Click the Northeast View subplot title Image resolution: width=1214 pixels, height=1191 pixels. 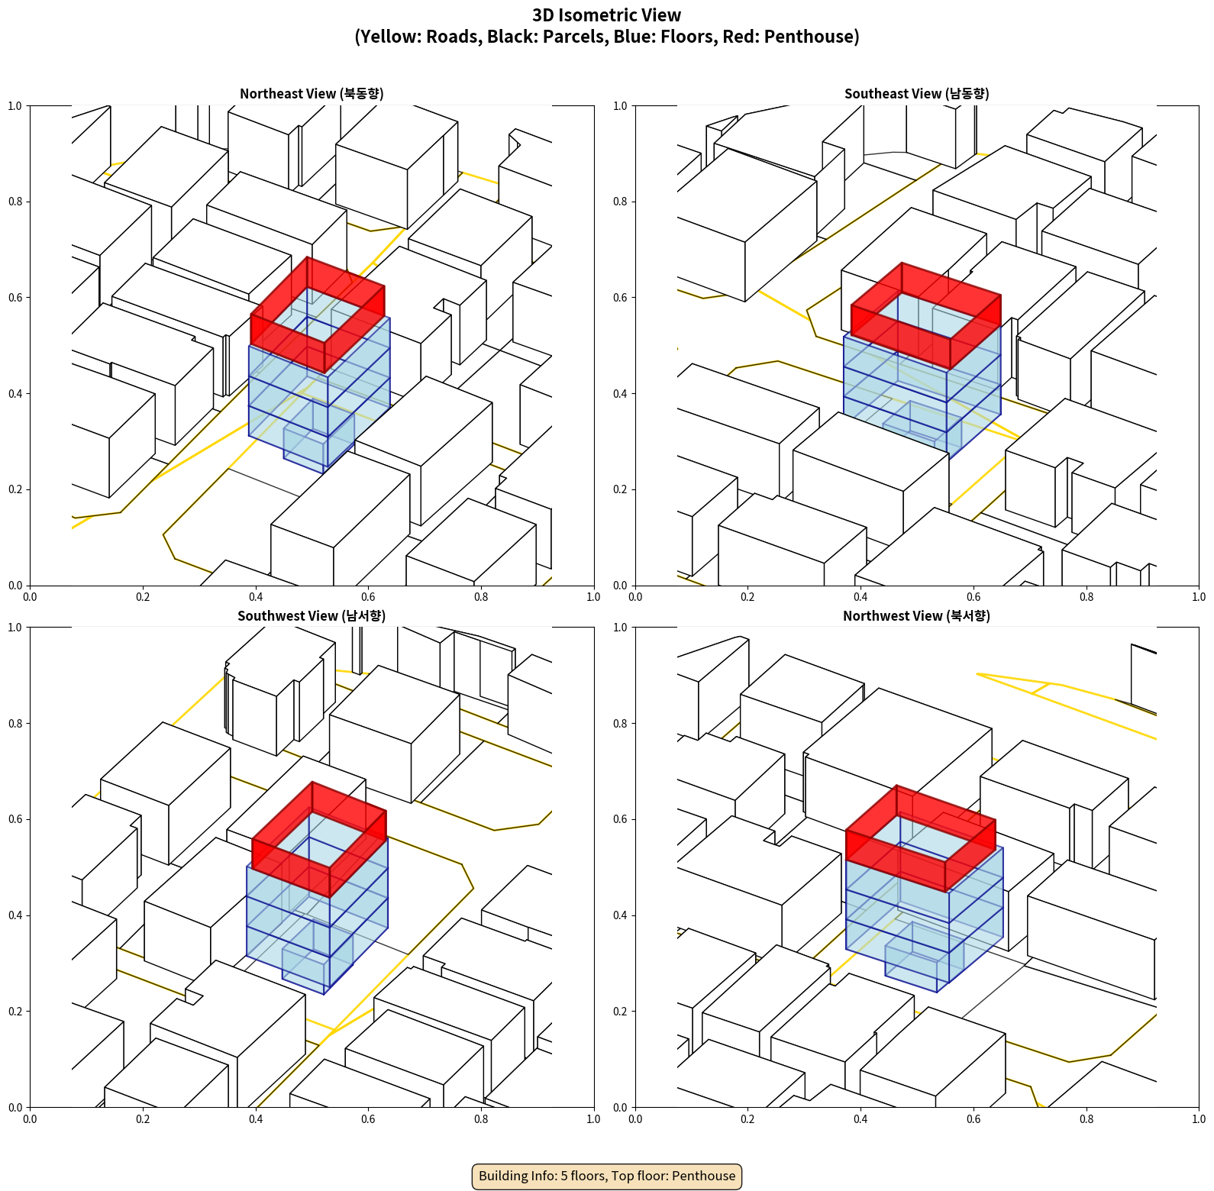(312, 93)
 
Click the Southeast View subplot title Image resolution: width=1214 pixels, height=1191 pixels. (916, 93)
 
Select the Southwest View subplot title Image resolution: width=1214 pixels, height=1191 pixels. (312, 615)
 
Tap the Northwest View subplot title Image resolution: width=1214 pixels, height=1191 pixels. (916, 615)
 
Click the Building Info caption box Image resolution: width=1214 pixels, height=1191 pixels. (607, 1176)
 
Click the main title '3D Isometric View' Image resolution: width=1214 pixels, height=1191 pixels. (607, 15)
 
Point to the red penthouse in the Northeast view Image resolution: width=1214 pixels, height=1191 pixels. (318, 313)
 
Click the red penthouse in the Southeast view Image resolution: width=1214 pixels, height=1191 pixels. (926, 314)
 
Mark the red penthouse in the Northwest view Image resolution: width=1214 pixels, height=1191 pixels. (921, 838)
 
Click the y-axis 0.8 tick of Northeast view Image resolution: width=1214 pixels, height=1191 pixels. (15, 202)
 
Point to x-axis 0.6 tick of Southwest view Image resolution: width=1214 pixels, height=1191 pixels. (368, 1119)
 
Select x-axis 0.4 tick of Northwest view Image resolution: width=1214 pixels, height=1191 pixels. (860, 1119)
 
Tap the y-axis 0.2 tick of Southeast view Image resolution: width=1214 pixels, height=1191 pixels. (620, 489)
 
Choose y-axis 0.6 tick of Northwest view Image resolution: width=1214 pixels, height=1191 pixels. (620, 819)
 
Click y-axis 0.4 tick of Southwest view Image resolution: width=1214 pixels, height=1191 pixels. (15, 915)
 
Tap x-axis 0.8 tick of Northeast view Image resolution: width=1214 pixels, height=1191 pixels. (481, 597)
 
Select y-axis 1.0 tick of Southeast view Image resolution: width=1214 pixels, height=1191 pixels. (620, 105)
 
